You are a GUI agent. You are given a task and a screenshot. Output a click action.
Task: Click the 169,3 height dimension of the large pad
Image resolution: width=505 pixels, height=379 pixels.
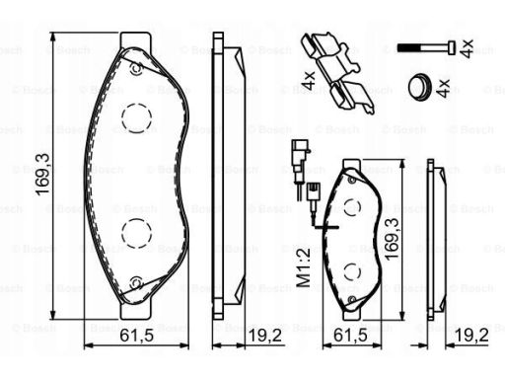click(x=42, y=175)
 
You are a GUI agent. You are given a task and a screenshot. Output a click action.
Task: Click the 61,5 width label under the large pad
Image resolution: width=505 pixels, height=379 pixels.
click(x=136, y=336)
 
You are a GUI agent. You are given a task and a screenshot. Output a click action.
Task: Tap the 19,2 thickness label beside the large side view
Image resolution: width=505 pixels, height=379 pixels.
click(x=265, y=336)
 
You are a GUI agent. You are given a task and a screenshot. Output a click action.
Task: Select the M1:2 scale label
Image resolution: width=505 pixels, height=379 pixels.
click(x=304, y=267)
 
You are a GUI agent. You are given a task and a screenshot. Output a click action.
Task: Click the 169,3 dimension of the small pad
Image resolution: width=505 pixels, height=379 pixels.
click(x=392, y=239)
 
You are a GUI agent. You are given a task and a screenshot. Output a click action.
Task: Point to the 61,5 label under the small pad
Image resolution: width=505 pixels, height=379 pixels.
click(x=350, y=336)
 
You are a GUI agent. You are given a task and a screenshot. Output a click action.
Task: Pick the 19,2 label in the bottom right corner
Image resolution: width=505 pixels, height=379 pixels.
click(x=471, y=336)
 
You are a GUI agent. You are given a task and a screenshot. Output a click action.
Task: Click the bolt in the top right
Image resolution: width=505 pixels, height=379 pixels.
click(x=427, y=47)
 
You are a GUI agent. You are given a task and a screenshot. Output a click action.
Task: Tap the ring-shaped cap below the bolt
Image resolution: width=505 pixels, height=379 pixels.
click(x=419, y=87)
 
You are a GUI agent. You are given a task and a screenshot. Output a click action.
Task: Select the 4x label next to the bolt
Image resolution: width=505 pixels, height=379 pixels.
click(x=467, y=48)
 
